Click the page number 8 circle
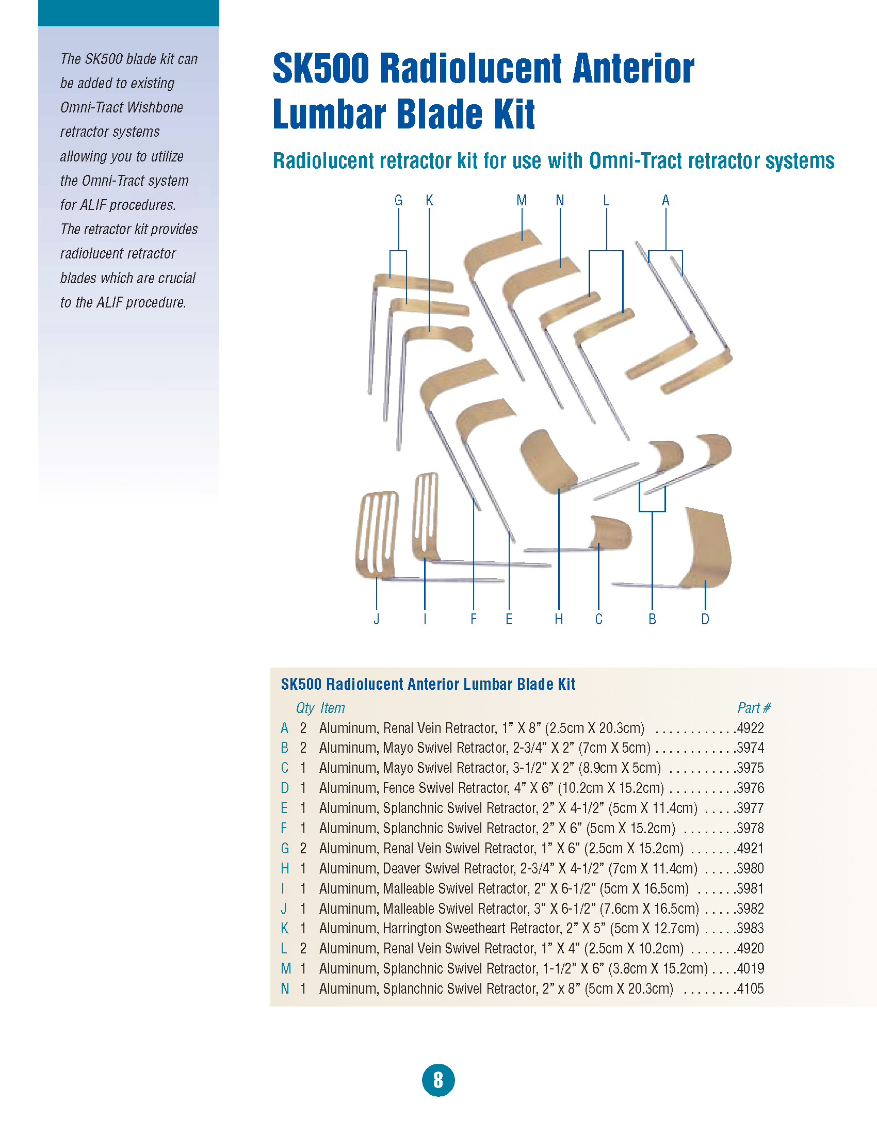pos(438,1080)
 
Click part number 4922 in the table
pos(750,728)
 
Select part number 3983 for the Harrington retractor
pos(750,928)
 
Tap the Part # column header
pos(753,708)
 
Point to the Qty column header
pos(305,708)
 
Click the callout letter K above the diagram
pos(429,201)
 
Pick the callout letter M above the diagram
pos(522,201)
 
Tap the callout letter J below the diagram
pos(377,619)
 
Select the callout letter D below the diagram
pos(705,619)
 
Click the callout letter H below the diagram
pos(559,619)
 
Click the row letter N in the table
pos(285,988)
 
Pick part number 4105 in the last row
pos(750,988)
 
